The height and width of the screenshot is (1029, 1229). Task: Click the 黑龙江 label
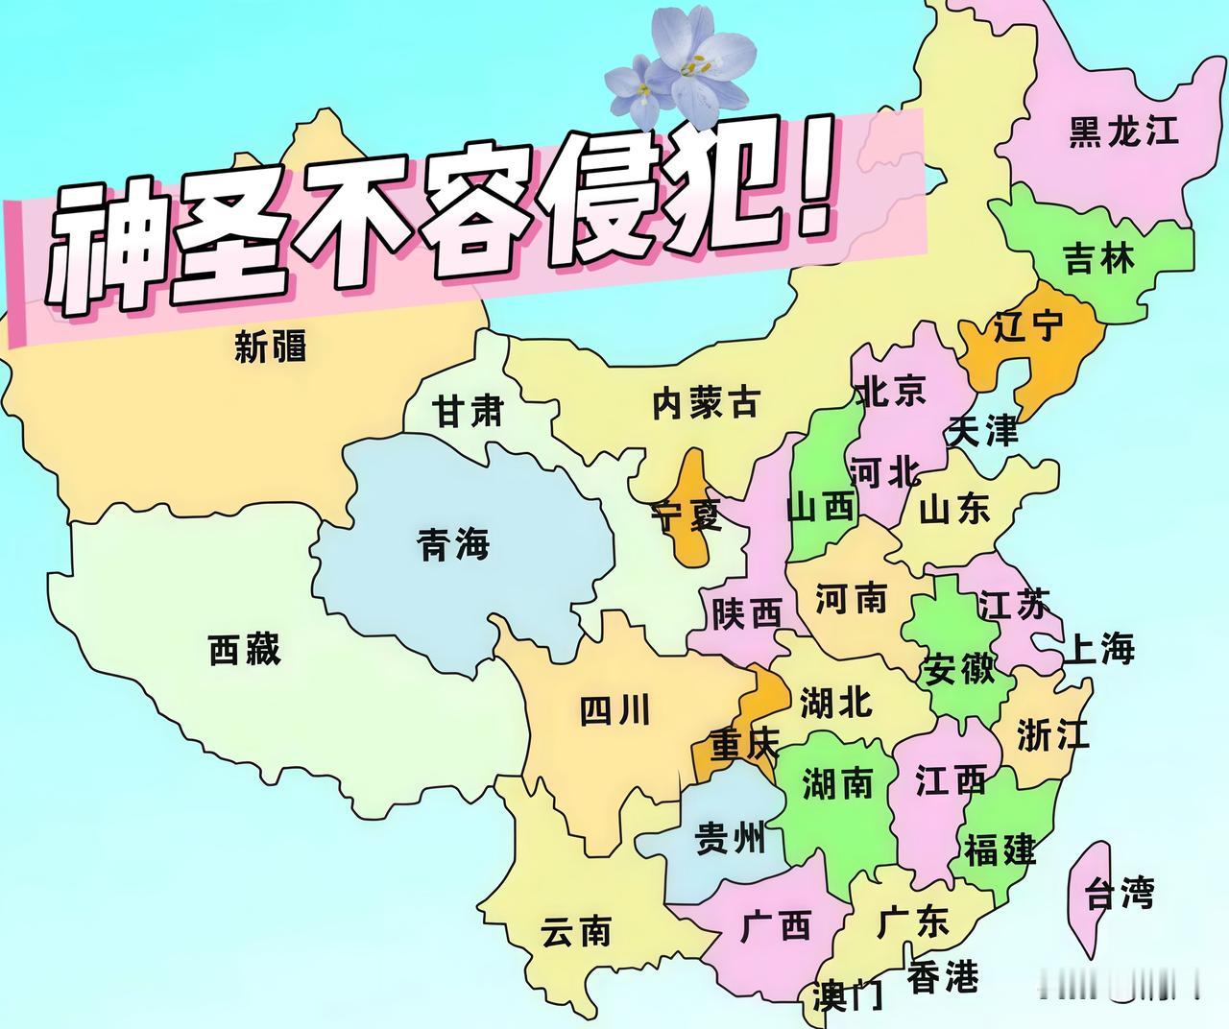1124,132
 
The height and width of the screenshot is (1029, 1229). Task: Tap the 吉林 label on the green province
1099,259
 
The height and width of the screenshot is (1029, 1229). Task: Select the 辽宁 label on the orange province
1028,327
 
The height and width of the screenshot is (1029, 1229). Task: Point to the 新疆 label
271,346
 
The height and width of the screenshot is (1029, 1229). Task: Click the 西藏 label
245,650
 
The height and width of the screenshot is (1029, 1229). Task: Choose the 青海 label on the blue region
453,545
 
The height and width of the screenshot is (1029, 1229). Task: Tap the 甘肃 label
468,412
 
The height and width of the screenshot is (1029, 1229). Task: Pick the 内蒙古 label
706,403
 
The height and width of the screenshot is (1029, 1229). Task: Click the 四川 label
615,711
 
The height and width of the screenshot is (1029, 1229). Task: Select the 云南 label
576,930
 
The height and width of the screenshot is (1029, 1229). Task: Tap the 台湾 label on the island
1120,896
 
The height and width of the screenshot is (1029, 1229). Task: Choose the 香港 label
943,977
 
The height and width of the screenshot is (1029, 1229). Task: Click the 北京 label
891,391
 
